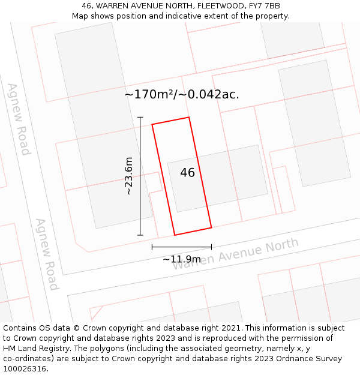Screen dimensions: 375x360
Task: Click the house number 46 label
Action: [187, 173]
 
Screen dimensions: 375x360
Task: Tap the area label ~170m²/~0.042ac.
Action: [181, 94]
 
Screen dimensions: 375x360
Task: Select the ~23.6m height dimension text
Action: [128, 176]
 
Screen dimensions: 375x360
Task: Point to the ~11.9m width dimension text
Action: [181, 259]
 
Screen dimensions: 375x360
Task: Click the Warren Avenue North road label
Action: [235, 254]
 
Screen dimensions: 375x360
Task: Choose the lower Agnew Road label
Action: [46, 254]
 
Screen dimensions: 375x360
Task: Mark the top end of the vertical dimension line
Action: [140, 117]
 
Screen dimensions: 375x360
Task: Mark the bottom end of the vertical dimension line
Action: [140, 235]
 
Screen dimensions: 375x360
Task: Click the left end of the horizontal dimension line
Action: [152, 247]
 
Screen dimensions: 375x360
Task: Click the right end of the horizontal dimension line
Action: [211, 247]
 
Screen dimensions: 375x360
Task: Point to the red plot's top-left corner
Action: [152, 125]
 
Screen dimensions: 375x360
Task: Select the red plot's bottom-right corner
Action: [211, 227]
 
